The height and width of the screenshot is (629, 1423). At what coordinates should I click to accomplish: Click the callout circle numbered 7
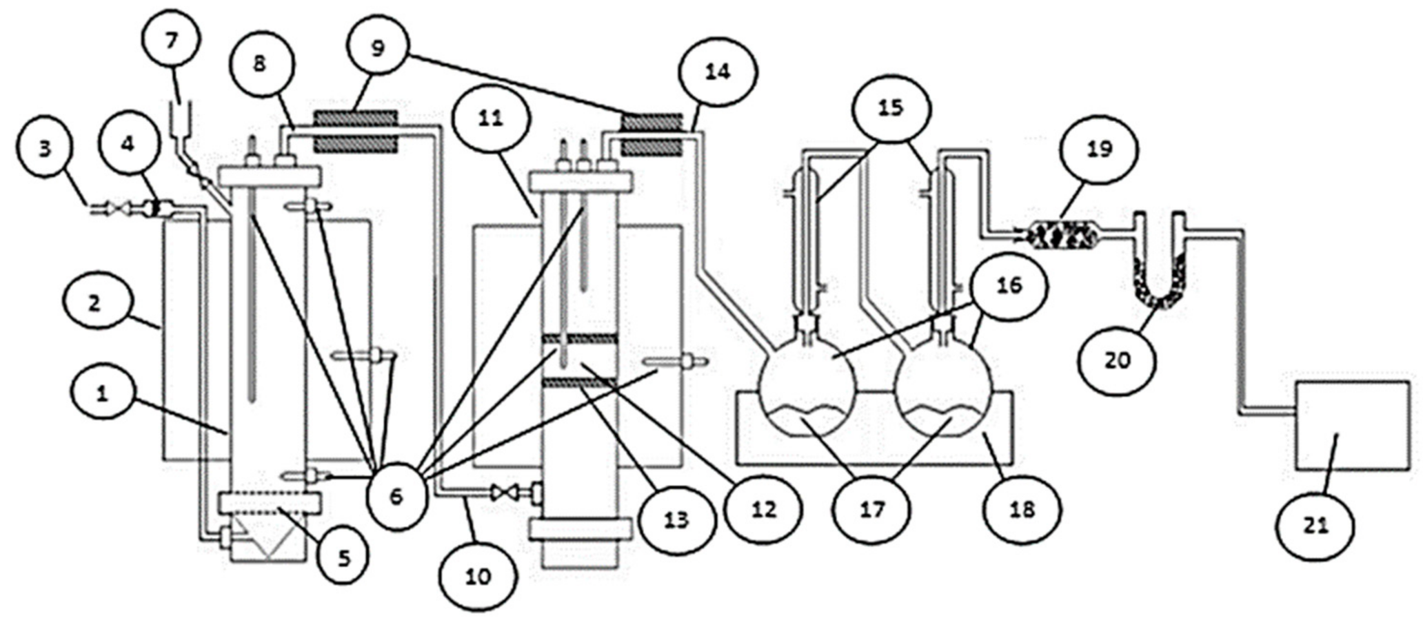(172, 40)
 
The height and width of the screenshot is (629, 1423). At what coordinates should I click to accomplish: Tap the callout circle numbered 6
(396, 496)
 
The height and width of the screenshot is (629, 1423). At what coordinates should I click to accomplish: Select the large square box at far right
(1351, 425)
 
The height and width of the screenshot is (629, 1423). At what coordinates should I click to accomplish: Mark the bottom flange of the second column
(580, 529)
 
